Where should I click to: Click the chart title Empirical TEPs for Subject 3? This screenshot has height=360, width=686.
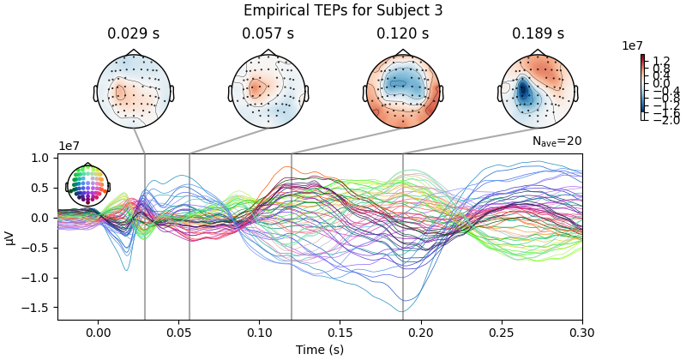click(343, 10)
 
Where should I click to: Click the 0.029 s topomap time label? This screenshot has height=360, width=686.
click(133, 34)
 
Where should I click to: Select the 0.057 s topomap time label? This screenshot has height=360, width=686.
click(268, 34)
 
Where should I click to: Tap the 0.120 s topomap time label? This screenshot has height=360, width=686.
click(402, 34)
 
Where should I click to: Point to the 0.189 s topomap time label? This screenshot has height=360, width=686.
click(538, 34)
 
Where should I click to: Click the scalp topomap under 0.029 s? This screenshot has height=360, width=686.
click(134, 90)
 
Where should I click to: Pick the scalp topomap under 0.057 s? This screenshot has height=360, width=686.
click(268, 90)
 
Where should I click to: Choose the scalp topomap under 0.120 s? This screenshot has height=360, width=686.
click(403, 90)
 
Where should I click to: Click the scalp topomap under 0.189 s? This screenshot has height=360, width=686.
click(538, 90)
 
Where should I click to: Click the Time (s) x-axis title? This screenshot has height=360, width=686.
click(320, 350)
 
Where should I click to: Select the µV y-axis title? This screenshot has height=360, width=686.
click(10, 237)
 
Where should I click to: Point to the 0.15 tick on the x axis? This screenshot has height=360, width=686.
click(340, 332)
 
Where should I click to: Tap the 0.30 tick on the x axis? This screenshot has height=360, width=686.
click(582, 332)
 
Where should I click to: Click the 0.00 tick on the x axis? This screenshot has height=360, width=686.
click(99, 332)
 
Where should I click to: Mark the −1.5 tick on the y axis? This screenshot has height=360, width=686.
click(40, 308)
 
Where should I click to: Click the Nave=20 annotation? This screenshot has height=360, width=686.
click(557, 141)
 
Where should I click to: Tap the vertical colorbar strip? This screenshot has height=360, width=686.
click(642, 85)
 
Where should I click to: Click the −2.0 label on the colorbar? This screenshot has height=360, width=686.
click(665, 120)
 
